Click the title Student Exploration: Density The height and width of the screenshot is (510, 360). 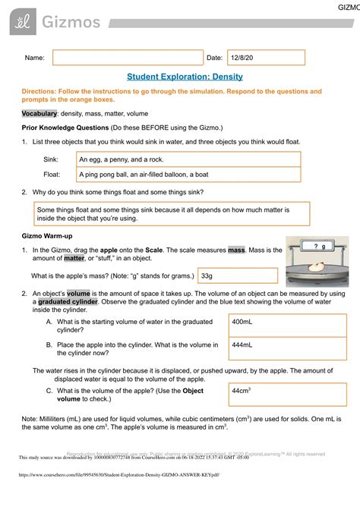[179, 77]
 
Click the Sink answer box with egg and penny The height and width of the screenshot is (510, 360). [188, 159]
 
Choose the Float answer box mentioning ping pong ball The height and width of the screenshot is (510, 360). [188, 175]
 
